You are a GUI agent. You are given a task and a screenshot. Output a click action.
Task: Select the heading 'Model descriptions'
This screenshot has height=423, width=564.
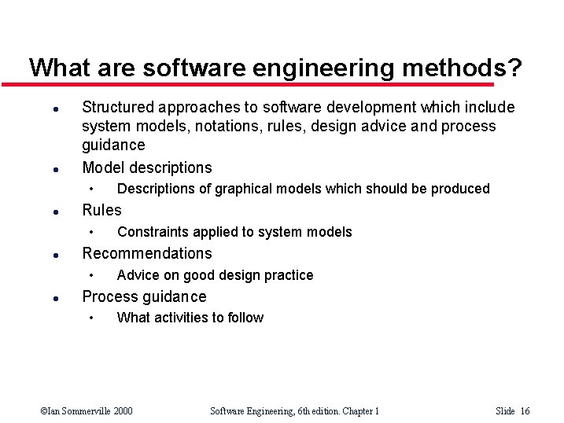[x=146, y=167]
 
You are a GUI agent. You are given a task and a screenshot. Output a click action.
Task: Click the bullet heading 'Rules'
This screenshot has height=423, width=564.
[x=101, y=210]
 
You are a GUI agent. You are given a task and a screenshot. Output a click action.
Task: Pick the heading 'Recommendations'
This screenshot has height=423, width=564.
[x=146, y=253]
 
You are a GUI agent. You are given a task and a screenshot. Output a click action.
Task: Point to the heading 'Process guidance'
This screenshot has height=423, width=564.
[x=144, y=296]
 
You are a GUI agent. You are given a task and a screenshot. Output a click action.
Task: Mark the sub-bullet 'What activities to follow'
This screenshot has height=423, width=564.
[x=190, y=318]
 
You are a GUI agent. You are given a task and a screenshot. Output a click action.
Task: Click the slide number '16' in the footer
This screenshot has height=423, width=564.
[x=525, y=410]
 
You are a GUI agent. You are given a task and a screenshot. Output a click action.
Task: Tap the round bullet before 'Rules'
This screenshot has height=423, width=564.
[x=48, y=211]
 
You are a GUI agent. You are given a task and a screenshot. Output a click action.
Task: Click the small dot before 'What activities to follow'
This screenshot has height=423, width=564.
[x=91, y=318]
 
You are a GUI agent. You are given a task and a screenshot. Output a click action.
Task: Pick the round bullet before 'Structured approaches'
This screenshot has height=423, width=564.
[x=48, y=109]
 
